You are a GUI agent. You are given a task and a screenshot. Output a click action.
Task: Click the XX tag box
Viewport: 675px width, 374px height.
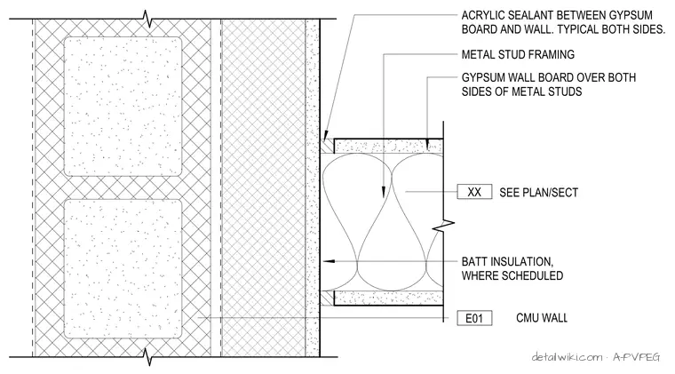pos(474,192)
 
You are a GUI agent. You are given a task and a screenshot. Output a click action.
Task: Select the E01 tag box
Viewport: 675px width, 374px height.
pos(474,318)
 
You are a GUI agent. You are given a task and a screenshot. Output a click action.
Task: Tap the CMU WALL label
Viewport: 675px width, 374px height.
pos(542,318)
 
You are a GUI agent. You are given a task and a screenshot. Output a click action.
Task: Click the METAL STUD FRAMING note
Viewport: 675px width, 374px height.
pos(518,55)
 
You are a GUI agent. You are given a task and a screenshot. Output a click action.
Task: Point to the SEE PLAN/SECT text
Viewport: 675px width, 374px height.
pos(538,193)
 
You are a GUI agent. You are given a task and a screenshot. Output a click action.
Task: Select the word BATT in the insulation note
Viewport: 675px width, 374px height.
pos(474,262)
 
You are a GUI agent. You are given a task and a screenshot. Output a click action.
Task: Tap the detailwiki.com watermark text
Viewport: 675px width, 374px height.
pos(567,357)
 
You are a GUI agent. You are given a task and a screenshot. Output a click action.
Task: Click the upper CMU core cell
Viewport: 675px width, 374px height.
pos(123,107)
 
